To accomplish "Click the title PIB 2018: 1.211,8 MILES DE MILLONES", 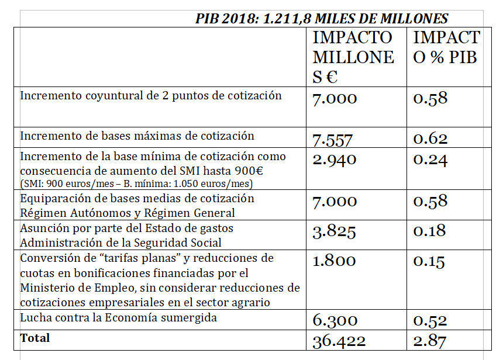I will tap(322, 19).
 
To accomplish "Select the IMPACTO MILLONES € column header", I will tap(353, 57).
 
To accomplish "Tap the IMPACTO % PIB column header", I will tap(446, 47).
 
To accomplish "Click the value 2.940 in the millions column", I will tap(335, 160).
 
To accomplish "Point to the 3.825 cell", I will tap(335, 232).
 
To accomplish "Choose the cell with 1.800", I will tap(335, 261).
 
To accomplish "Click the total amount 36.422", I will tap(339, 341).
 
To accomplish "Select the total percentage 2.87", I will tap(430, 341).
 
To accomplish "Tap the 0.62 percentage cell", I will tap(430, 139).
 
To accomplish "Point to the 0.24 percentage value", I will tap(430, 160).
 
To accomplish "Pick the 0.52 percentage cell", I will tap(430, 320).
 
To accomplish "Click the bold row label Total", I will tap(35, 338).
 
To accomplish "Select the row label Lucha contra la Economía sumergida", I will tap(118, 319).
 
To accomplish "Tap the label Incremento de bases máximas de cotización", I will tap(137, 136).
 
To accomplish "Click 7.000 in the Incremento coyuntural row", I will tap(335, 98).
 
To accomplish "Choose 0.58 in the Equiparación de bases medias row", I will tap(430, 202).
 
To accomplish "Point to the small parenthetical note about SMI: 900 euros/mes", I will tap(136, 184).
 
